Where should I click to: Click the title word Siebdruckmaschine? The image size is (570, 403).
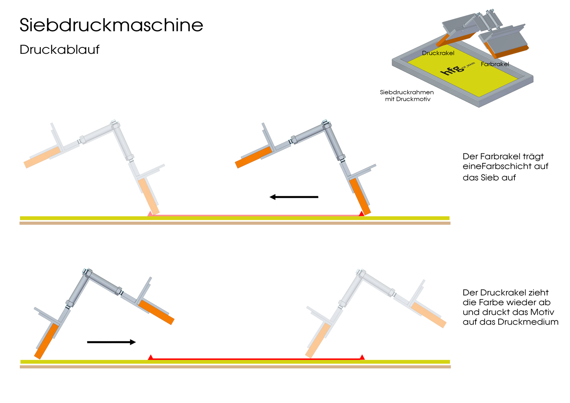click(111, 25)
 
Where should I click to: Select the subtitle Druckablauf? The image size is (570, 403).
click(59, 50)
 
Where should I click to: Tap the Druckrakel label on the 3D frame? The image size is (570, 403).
click(438, 53)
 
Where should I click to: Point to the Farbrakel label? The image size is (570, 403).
click(495, 64)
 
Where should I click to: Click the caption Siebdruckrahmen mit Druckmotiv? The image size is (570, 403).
click(407, 96)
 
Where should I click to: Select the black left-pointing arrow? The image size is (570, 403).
click(294, 197)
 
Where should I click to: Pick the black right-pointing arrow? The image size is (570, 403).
click(111, 342)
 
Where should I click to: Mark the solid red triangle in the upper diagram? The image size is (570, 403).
click(361, 213)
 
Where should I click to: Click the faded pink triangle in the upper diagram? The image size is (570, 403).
click(150, 213)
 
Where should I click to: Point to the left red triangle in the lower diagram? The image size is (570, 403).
click(150, 357)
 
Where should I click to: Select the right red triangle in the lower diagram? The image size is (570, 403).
click(362, 357)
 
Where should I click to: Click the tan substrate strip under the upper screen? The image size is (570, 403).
click(235, 223)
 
